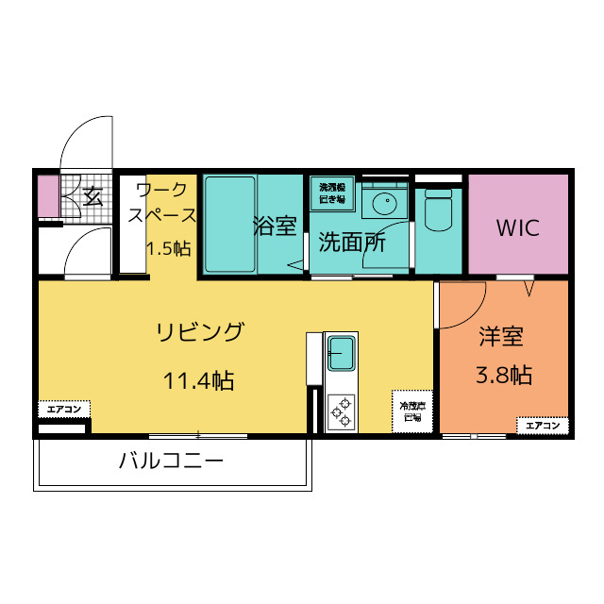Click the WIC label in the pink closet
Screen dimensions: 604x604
coord(517,227)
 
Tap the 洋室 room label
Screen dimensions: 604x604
coord(501,336)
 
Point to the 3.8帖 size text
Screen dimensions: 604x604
coord(503,375)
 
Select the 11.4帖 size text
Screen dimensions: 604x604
coord(198,380)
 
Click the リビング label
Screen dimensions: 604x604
coord(200,332)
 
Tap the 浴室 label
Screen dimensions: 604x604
coord(275,226)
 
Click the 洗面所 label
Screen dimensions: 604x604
coord(351,242)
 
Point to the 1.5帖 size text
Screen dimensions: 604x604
coord(168,249)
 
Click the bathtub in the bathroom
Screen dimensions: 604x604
coord(230,225)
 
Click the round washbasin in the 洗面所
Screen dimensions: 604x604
coord(383,203)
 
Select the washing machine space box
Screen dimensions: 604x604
coord(332,193)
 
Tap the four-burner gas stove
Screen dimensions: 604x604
coord(341,410)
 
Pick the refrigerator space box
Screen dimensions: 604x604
coord(412,411)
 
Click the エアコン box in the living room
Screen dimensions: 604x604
coord(64,410)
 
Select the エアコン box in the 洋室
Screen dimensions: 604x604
coord(543,426)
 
